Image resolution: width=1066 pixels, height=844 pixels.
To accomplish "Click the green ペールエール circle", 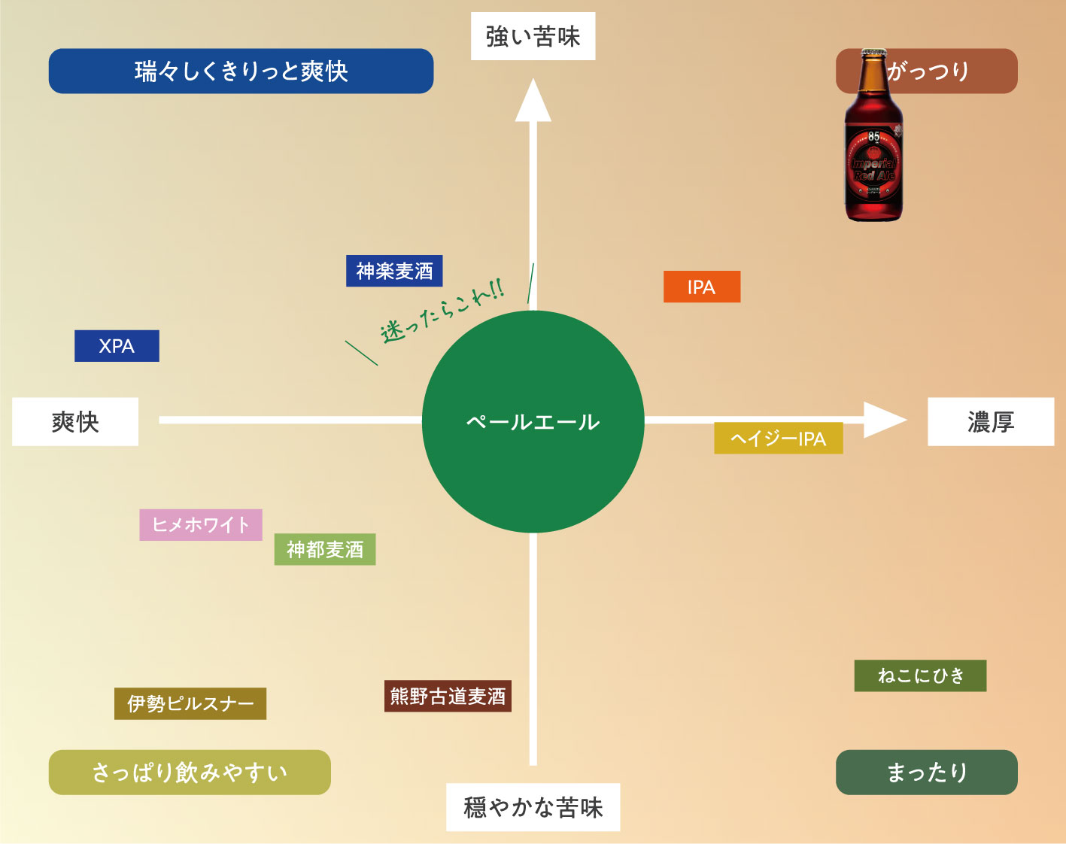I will coord(533,421).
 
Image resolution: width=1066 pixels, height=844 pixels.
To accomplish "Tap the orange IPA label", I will coord(701,287).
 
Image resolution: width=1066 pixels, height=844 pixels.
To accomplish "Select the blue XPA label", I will coord(117,346).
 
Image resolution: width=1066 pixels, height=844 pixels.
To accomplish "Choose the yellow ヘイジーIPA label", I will coord(778,439).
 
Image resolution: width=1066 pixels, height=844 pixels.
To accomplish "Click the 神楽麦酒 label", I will coord(394,271).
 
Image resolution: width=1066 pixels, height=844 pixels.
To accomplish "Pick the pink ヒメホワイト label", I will coord(201,524).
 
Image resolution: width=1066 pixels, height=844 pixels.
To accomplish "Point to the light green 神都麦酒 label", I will coord(324,549).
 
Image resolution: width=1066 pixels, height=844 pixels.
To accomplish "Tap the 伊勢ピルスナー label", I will coord(190,703).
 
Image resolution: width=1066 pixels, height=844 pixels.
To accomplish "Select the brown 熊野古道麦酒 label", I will coord(448,696).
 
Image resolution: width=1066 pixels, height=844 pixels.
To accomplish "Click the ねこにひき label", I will coord(920,676).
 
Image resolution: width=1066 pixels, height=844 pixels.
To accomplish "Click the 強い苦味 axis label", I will coord(533,36).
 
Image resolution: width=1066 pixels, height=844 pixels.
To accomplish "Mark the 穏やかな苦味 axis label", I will coord(533,807).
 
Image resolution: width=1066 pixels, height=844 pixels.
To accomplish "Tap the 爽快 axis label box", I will coord(75,421).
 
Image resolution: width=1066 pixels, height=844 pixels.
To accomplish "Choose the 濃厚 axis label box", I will coord(991,421).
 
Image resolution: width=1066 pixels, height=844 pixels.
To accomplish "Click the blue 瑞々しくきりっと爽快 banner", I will coord(241,71).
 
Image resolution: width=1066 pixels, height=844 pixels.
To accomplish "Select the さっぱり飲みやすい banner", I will coord(190,772).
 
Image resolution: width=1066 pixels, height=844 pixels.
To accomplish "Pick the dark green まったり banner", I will coord(927,772).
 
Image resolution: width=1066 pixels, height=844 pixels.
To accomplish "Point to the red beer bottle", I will coord(873,143).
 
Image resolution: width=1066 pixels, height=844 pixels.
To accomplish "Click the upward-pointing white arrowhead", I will coord(533,102).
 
